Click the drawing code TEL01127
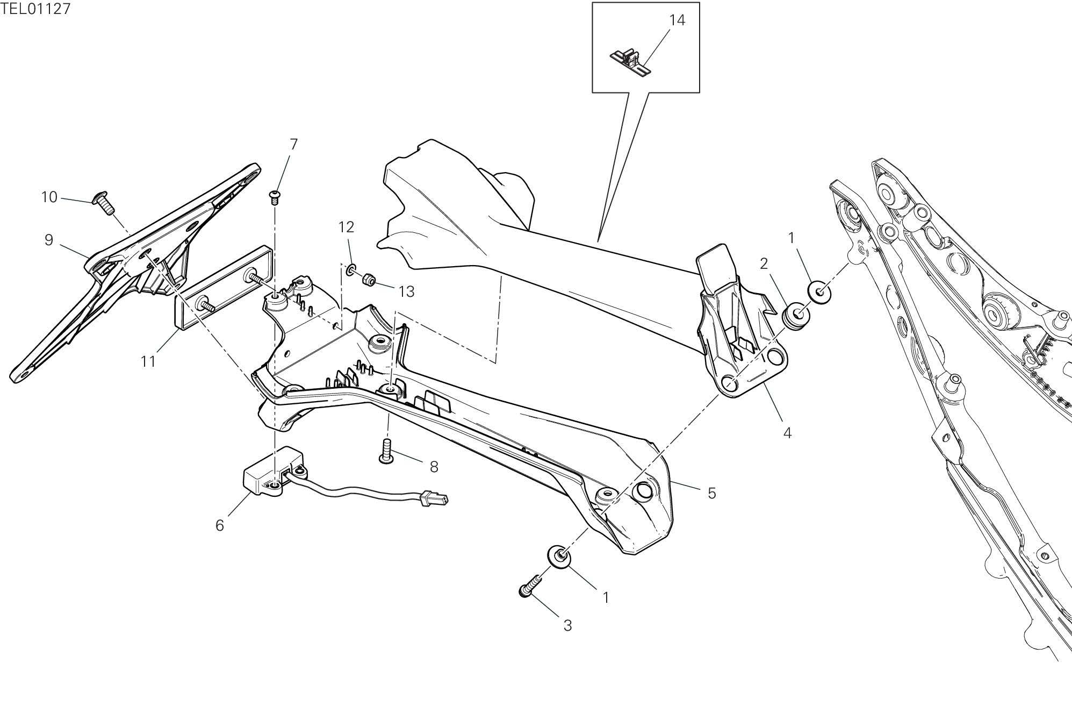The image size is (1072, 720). tap(35, 9)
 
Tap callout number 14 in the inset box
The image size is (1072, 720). tap(677, 20)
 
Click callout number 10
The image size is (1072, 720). tap(49, 197)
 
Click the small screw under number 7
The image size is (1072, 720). tap(276, 196)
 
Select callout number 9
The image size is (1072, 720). tap(49, 240)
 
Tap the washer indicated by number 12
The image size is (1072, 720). tap(351, 268)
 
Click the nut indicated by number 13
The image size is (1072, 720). tap(369, 280)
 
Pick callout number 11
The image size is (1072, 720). tap(148, 361)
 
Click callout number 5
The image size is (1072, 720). tap(711, 493)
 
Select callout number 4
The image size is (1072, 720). tap(787, 432)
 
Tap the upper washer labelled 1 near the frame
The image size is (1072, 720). tap(820, 291)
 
